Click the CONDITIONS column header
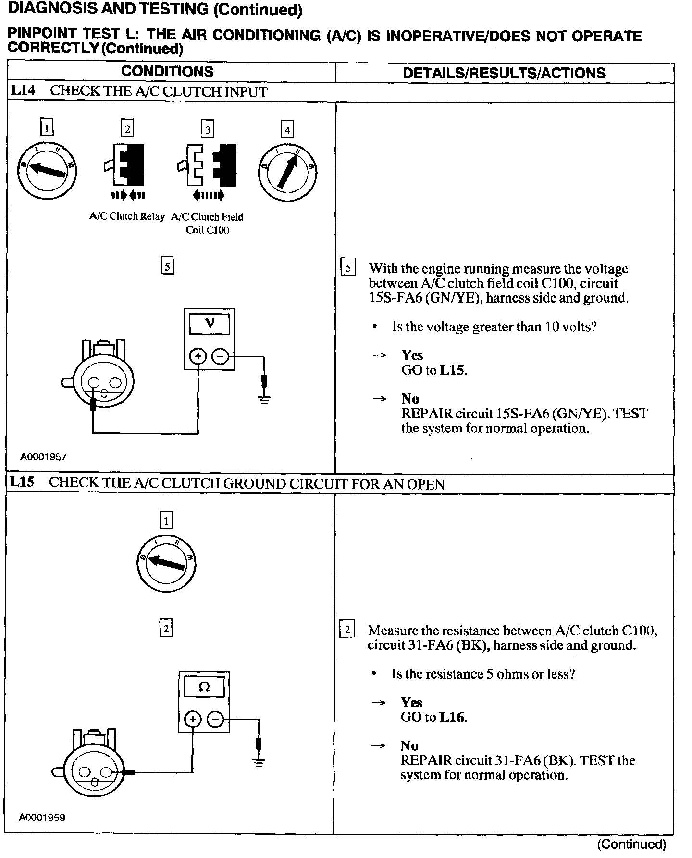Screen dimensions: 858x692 167,72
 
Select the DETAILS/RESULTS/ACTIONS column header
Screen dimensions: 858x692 504,73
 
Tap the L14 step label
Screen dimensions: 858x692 23,90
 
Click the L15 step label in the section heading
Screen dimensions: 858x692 22,482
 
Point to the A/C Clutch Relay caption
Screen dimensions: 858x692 127,216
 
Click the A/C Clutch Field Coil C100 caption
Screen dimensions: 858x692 207,223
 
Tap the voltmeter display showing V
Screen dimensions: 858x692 210,324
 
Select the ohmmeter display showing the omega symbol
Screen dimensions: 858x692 204,687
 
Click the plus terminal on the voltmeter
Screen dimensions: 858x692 198,356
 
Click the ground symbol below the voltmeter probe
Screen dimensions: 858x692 264,399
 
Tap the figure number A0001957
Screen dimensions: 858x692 43,457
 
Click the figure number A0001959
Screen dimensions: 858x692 42,817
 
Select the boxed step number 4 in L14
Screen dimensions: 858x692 287,130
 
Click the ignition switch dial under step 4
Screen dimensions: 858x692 287,172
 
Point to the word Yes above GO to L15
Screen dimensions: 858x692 412,355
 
